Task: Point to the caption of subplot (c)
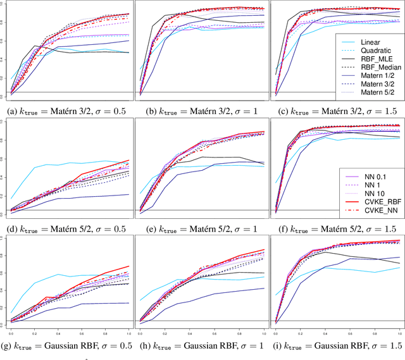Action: (337, 111)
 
